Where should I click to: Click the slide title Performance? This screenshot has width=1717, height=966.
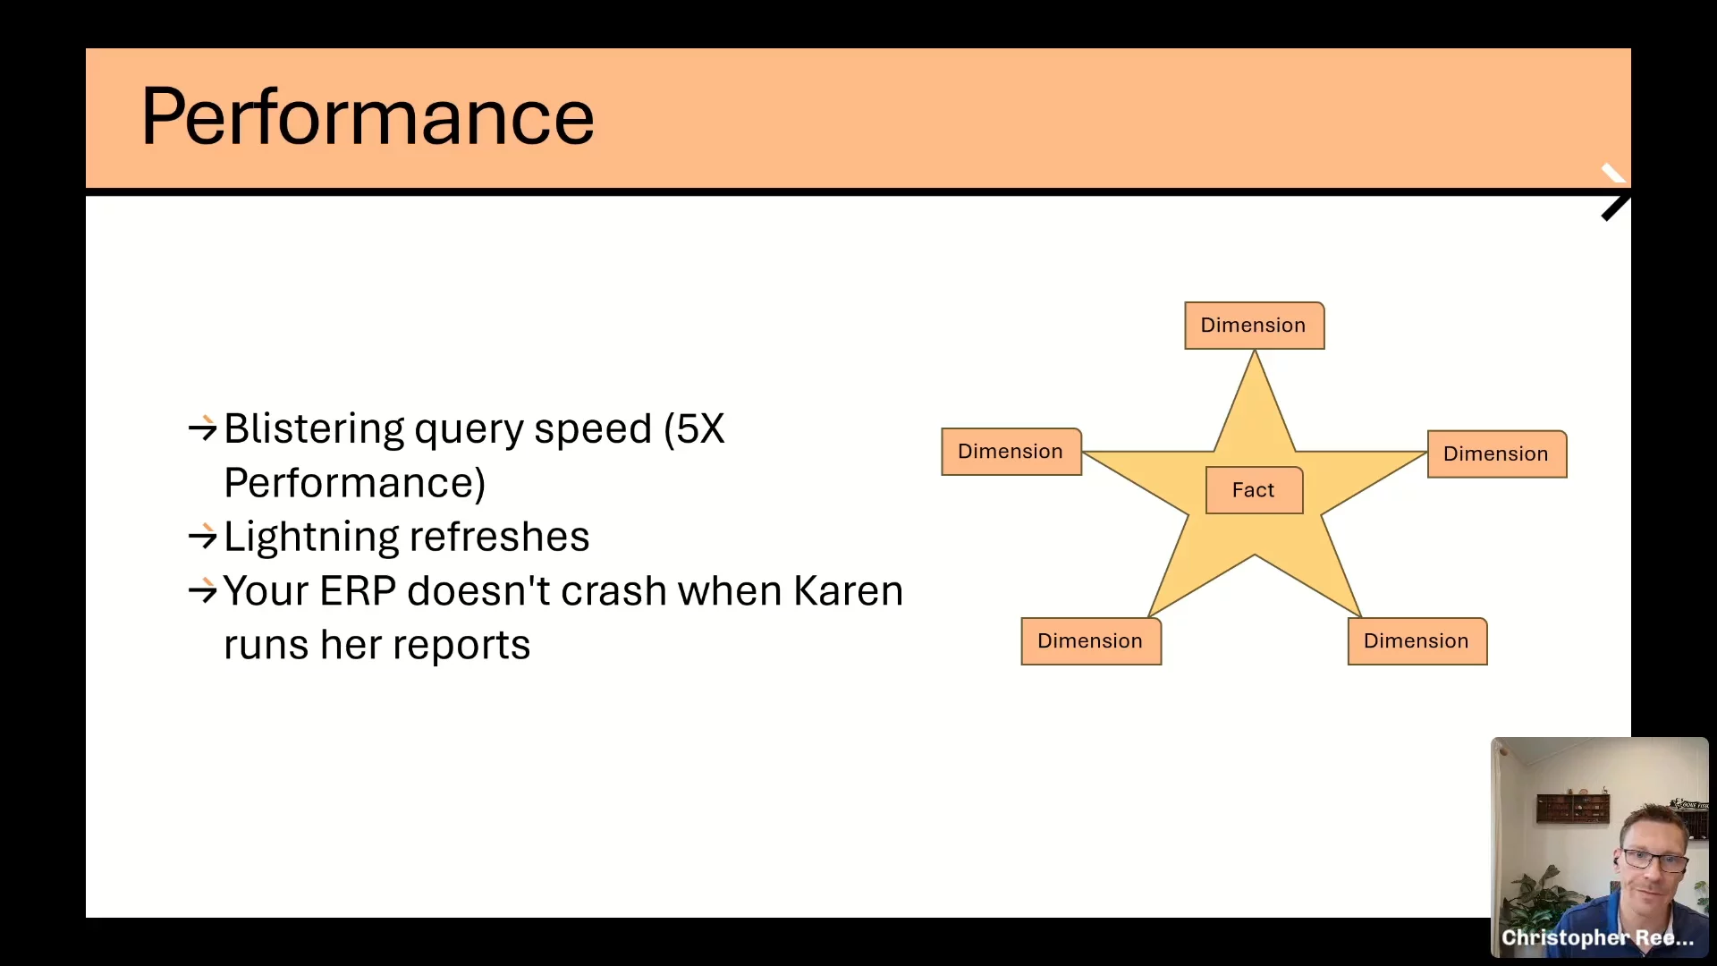tap(368, 116)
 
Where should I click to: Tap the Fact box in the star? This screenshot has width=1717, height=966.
tap(1254, 490)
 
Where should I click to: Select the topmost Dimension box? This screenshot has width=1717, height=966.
tap(1254, 326)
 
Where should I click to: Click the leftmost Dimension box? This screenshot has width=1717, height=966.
tap(1011, 452)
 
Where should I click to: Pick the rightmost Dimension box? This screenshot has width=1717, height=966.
tap(1497, 453)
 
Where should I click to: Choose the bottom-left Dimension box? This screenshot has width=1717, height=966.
tap(1091, 641)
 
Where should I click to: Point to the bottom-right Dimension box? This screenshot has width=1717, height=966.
tap(1417, 641)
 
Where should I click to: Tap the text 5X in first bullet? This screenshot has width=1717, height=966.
tap(700, 428)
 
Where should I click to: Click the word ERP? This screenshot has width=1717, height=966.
tap(357, 591)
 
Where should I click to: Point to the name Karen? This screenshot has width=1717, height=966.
tap(848, 591)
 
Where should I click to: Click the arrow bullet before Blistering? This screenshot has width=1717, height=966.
tap(203, 428)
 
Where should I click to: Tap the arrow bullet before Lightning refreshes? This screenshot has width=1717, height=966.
tap(203, 537)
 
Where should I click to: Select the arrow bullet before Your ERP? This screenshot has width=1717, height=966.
tap(203, 590)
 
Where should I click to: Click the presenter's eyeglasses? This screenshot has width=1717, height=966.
tap(1654, 860)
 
